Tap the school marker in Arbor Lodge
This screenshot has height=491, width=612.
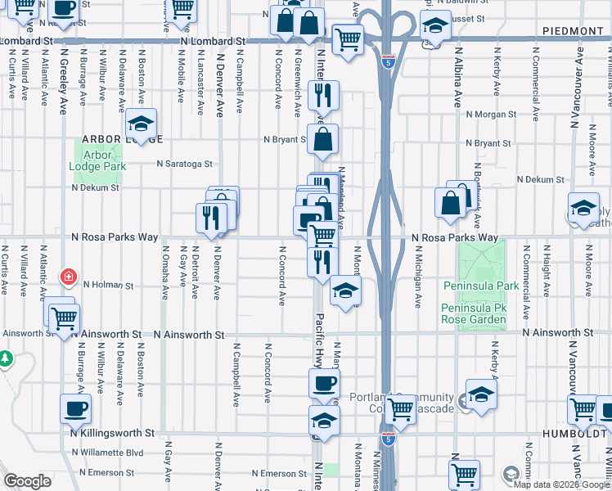141,124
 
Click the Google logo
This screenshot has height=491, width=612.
27,481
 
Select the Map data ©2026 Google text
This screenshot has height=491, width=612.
560,484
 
